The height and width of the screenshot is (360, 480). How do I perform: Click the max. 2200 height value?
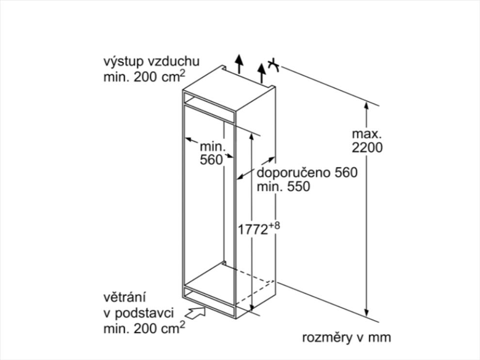[x=367, y=147]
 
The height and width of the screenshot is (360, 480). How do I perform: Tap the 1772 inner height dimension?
[x=253, y=229]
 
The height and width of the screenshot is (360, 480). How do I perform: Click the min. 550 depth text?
[x=283, y=187]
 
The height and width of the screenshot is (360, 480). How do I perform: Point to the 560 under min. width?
[x=211, y=159]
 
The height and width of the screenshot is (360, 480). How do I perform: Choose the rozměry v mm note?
[x=346, y=337]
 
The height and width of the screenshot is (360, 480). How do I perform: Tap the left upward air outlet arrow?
[x=238, y=62]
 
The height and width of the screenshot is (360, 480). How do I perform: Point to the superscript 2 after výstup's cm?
[x=183, y=73]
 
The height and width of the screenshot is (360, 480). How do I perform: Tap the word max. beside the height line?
[x=367, y=133]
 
